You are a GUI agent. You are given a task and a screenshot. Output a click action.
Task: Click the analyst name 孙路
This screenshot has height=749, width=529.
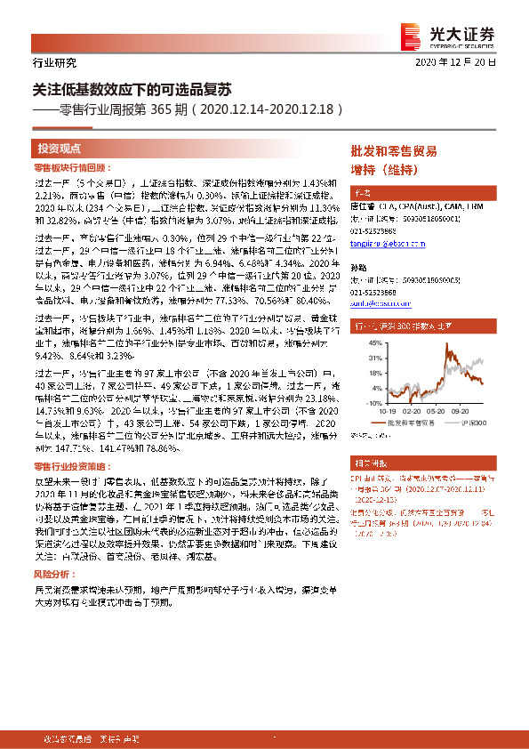359,267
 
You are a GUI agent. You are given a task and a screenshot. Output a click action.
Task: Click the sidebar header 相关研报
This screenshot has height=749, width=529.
369,465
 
